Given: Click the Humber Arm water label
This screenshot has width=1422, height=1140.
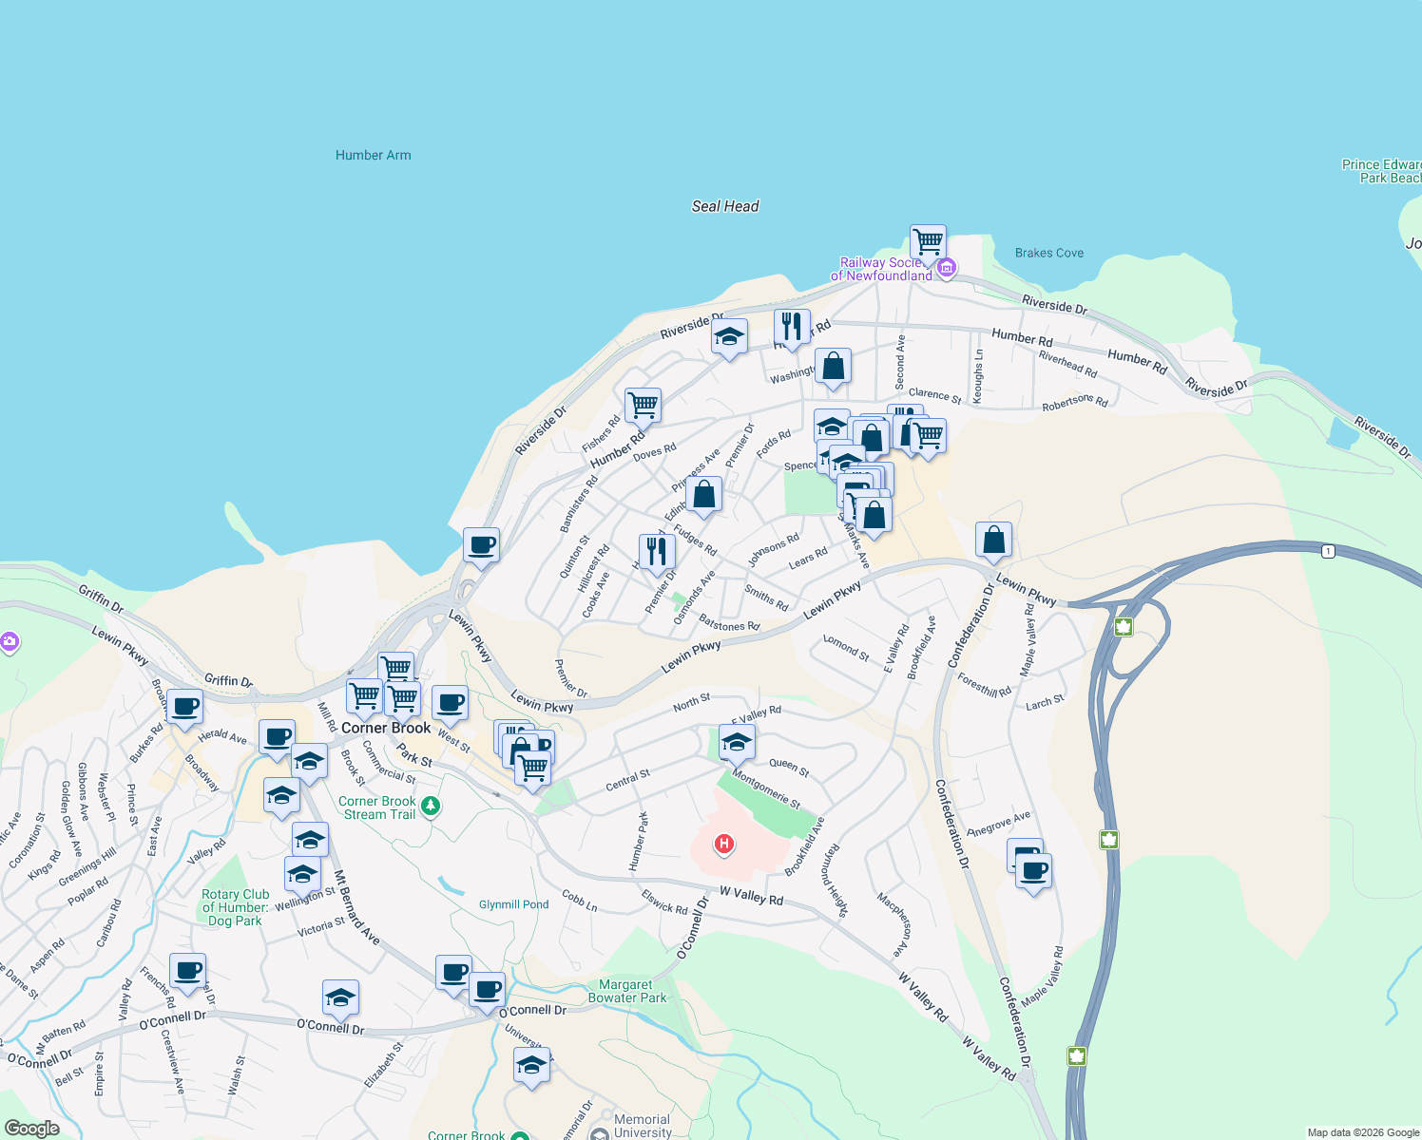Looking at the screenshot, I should coord(374,155).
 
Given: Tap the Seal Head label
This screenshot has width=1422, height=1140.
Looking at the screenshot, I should coord(725,206).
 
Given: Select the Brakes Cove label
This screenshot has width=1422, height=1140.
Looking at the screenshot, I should coord(1049,253).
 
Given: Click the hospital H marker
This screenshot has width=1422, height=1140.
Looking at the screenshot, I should coord(724,843).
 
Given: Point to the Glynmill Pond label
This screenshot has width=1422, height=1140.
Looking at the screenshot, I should coord(514,904).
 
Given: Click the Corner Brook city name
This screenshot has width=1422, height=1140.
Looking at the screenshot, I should coord(386,728).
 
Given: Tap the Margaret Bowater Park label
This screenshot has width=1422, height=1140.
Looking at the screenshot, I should coord(627,991).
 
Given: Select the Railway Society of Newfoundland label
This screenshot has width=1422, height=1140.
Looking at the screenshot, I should coord(881,269).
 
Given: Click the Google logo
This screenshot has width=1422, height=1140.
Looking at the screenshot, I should coord(31,1128).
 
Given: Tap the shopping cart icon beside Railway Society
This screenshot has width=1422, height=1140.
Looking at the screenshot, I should coord(928,242).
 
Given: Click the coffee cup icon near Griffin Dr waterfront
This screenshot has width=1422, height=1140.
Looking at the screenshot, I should coord(482,545).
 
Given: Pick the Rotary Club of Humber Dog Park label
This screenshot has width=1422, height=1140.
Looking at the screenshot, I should coord(235,907).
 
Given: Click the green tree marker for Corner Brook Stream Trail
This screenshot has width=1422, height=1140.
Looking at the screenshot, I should coord(431,807).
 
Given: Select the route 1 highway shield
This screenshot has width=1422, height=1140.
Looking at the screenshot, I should coord(1328,551).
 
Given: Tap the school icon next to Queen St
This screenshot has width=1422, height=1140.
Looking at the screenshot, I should coord(737,742).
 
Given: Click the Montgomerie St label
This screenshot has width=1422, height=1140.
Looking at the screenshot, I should coord(766,789).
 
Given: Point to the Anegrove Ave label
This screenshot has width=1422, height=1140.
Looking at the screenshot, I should coord(998,825).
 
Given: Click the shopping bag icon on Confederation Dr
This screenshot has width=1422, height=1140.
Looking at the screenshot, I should coord(993,540).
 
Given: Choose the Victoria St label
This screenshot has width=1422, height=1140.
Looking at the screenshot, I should coord(321,926).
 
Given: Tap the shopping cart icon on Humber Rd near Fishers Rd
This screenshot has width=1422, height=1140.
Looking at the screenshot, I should coord(644,405).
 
